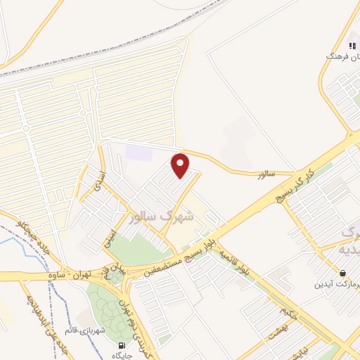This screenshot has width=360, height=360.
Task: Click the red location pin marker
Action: pos(181,166)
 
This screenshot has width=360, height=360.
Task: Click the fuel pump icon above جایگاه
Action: pos(124,345)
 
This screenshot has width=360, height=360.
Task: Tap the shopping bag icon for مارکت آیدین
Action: pos(342,272)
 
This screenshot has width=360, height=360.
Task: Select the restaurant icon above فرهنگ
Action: pos(352,46)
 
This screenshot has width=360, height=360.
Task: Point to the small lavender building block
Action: pos(138,150)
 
